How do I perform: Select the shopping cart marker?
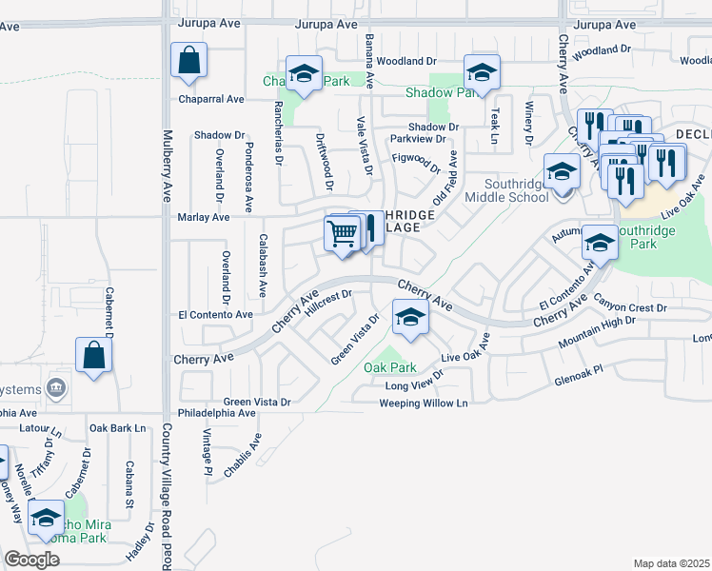click(x=342, y=232)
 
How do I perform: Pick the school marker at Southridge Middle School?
click(x=563, y=171)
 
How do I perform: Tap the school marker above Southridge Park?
click(x=601, y=243)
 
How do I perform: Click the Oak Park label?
click(x=390, y=367)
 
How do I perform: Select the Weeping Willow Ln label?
click(x=424, y=404)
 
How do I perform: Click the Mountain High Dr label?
click(x=596, y=338)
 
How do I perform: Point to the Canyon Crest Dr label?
click(x=630, y=307)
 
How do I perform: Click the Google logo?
click(x=31, y=560)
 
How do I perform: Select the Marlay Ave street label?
click(x=204, y=218)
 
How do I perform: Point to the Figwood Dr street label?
click(x=416, y=163)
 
